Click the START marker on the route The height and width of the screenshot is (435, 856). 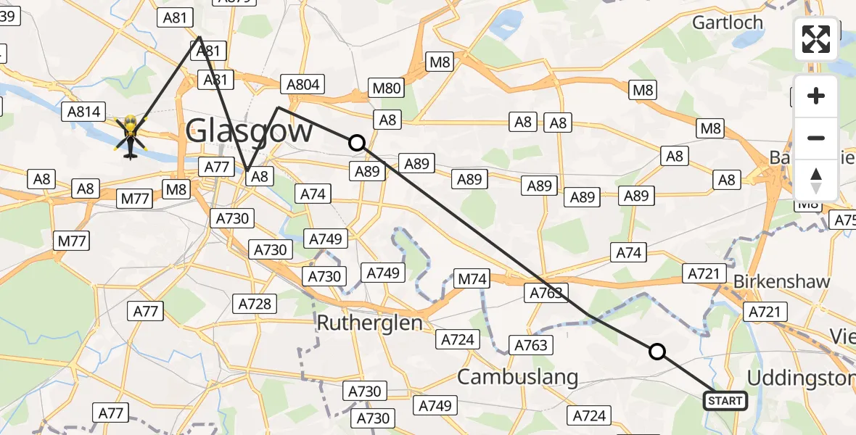click(725, 401)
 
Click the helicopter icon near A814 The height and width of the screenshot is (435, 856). click(131, 136)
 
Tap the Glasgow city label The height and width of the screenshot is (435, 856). click(249, 131)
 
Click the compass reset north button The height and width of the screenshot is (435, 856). click(816, 181)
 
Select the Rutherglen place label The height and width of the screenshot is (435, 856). click(370, 323)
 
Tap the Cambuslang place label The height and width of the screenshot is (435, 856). click(518, 377)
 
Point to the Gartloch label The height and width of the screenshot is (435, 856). click(728, 22)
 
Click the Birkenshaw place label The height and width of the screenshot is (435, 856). click(781, 282)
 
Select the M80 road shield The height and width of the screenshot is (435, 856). click(386, 88)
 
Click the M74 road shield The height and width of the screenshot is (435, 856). click(472, 278)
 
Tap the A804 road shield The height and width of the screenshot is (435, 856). click(303, 84)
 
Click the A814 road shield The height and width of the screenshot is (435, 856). click(83, 111)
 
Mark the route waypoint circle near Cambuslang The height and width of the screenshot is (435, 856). click(657, 352)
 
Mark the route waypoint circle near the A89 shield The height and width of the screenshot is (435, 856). click(356, 143)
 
